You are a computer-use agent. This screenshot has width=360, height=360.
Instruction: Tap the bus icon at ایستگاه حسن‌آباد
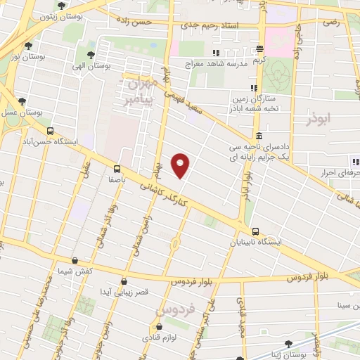pos(50,131)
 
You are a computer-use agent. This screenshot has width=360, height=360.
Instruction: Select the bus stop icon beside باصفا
pos(116,169)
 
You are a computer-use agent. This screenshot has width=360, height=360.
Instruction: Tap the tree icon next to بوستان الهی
pos(91,54)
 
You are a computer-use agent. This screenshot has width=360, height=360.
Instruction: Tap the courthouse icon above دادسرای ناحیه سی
pos(259,136)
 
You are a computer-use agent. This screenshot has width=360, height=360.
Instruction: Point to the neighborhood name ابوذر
pos(319,120)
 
